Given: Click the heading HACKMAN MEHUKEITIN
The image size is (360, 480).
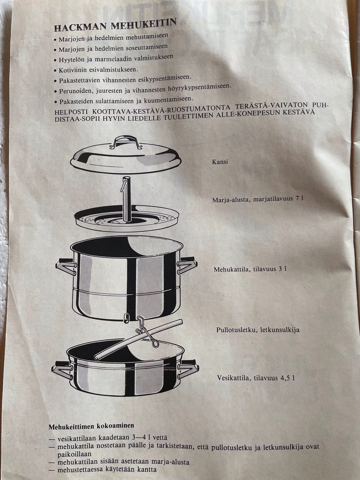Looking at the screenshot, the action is (115, 24).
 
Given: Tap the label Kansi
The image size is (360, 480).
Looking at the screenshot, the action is (220, 162).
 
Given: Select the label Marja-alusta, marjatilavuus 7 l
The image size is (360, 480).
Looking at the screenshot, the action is (258, 199).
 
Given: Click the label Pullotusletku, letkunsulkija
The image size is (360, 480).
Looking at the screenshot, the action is (258, 330).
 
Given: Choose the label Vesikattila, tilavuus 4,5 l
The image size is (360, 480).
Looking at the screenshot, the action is (256, 378).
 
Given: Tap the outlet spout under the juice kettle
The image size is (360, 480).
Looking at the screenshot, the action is (126, 318).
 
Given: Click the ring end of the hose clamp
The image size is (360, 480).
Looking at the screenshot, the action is (155, 343).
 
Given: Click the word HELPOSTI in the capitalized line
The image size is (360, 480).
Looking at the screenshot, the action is (71, 112).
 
